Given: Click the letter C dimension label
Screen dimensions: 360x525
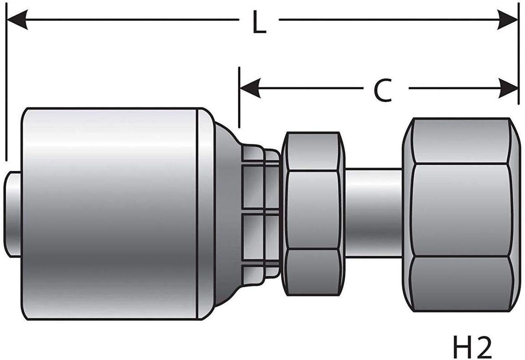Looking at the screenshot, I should click(x=383, y=90).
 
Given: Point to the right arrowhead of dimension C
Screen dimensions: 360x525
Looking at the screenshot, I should click(x=508, y=88).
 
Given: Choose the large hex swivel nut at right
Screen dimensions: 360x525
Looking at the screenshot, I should click(x=462, y=214).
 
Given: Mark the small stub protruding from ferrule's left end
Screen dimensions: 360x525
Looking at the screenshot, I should click(x=13, y=214).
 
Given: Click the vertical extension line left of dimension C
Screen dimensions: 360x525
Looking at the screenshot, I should click(x=239, y=98).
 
